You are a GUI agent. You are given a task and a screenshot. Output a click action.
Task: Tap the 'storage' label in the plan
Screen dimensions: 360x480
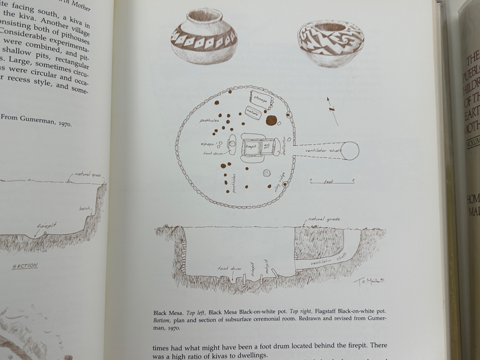pos(261,100)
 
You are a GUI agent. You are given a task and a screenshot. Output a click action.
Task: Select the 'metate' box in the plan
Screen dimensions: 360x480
pos(252,113)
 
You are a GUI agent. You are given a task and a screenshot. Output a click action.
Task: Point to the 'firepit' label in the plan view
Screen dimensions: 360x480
pos(251,146)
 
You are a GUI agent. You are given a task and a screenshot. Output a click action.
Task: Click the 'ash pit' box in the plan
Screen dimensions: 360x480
pos(267,146)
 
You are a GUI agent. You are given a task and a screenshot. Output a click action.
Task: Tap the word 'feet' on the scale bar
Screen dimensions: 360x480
pos(329,182)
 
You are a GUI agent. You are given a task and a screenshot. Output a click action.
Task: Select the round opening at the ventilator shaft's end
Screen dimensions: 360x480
pos(350,150)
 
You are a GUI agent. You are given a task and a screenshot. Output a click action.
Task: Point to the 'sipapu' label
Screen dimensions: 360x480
pos(207,144)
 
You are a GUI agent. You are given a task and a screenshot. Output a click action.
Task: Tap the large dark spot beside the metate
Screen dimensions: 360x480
pos(271,121)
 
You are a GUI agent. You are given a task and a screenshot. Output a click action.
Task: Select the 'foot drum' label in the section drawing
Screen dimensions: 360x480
pos(230,269)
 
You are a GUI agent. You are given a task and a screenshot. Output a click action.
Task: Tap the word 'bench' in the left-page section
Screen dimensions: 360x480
pos(85,209)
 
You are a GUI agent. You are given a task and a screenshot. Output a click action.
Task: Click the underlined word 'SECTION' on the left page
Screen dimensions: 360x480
pos(25,265)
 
